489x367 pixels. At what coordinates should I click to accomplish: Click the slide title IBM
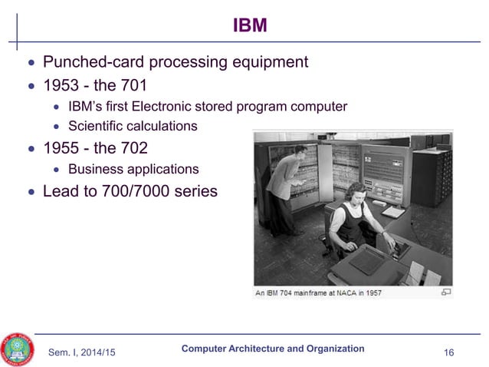[x=250, y=26]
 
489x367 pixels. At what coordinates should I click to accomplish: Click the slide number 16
[x=449, y=352]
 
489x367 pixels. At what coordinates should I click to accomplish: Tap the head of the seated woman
[x=356, y=190]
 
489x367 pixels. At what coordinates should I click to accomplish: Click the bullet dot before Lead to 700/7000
[x=31, y=191]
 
